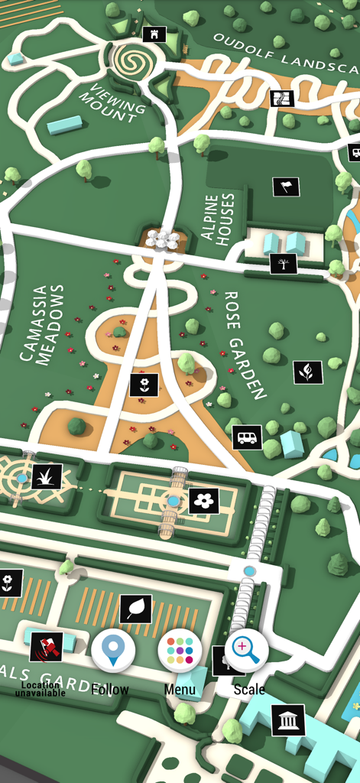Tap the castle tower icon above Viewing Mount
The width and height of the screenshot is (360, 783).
point(154,34)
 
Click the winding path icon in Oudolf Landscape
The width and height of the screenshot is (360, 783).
point(282,99)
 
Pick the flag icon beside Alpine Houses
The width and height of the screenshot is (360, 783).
point(287,187)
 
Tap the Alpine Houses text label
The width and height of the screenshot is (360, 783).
point(219,217)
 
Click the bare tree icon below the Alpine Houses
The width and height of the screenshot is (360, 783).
point(284,264)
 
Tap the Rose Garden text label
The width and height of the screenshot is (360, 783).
point(244,345)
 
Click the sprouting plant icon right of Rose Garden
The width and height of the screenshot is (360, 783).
point(308,372)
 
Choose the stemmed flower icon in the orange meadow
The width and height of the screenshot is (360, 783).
point(144,385)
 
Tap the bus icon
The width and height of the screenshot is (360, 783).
point(247,438)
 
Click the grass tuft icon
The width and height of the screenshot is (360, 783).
point(47,476)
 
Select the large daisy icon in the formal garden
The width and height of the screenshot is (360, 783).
point(204,501)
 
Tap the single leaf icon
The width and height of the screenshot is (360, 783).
point(136,609)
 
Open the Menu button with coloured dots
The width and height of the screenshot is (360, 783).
point(180,651)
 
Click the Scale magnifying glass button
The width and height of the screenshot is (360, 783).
point(247,651)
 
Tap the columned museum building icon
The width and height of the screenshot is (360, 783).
point(288,720)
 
